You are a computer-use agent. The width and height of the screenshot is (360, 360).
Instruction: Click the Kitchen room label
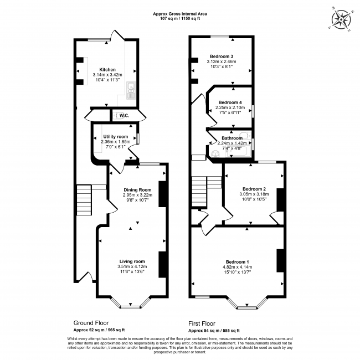(107, 70)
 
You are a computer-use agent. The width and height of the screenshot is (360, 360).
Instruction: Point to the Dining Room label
(137, 190)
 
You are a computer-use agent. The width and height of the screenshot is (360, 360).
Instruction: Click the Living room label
(132, 261)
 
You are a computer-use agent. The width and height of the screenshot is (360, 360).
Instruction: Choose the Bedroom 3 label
(221, 56)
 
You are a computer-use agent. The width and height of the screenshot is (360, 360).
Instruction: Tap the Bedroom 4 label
(230, 102)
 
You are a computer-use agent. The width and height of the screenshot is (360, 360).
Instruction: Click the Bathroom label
(233, 138)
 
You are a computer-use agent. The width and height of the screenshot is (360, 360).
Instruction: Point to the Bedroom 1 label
(237, 261)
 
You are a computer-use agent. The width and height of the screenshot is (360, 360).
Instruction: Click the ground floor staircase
(84, 199)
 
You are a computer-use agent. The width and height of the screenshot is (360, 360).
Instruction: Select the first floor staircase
(199, 191)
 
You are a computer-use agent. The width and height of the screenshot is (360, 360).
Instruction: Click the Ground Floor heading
(91, 322)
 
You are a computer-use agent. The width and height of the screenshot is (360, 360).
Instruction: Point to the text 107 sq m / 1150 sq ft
(180, 19)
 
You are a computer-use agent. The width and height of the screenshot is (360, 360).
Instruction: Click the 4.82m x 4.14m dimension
(237, 267)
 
